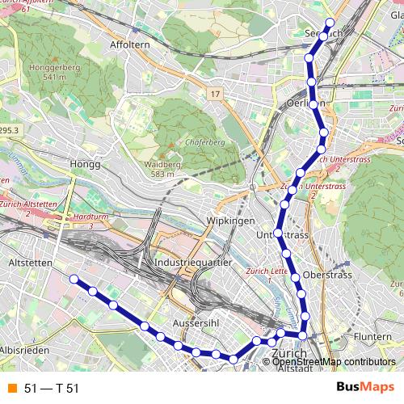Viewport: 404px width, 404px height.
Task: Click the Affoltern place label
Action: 130,44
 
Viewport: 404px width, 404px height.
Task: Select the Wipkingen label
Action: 231,221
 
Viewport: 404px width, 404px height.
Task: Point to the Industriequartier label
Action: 193,263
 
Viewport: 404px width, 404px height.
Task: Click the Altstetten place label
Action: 29,263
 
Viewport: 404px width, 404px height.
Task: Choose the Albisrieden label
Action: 25,350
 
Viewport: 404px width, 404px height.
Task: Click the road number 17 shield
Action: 214,95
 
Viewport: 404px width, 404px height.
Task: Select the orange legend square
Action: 12,389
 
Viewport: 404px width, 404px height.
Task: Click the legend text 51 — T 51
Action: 52,389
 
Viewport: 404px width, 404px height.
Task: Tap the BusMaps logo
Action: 365,388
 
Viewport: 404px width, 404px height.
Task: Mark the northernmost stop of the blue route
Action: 329,23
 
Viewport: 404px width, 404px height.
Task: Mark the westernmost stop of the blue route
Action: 74,279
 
